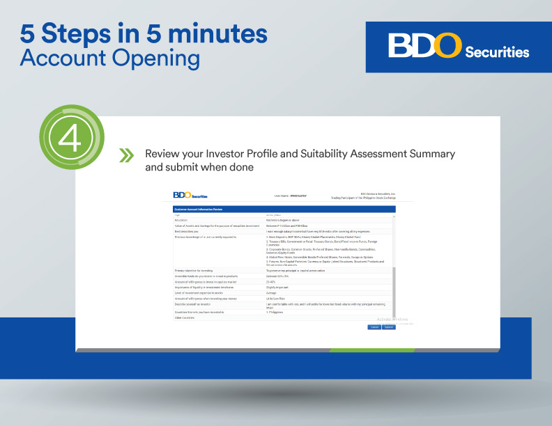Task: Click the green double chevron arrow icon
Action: point(126,155)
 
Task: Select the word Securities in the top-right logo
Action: point(497,52)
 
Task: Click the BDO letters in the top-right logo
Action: point(424,47)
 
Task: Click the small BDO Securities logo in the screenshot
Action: point(190,196)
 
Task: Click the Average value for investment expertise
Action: point(273,292)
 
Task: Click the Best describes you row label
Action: point(188,231)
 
